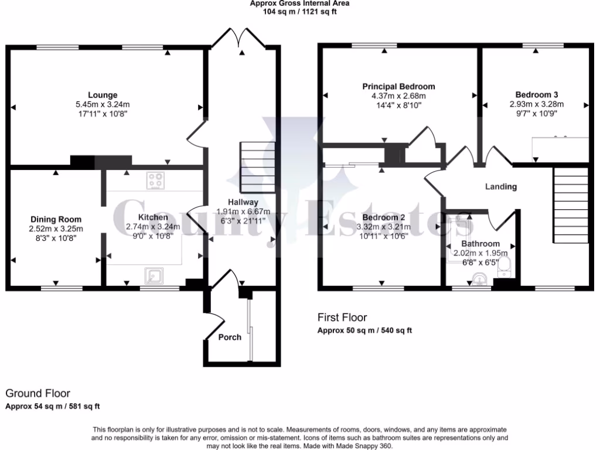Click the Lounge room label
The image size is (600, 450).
click(103, 95)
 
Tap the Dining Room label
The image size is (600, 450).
click(56, 220)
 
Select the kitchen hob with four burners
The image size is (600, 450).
click(155, 181)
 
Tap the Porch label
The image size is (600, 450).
click(230, 337)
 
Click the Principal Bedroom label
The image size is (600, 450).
click(398, 87)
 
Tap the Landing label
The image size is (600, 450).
click(501, 187)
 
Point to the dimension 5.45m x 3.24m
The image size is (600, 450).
click(103, 104)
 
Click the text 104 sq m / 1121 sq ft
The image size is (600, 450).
click(299, 11)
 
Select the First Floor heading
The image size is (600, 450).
click(342, 318)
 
